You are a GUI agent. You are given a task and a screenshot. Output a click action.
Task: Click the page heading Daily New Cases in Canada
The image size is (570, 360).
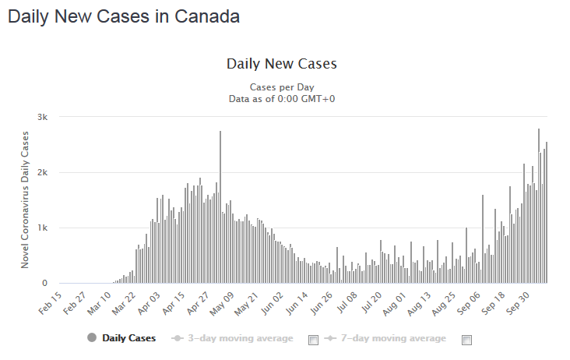124,16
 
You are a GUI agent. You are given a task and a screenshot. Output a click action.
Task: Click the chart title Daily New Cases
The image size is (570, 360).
281,63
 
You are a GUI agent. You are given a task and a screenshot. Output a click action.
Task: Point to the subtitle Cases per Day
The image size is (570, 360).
281,86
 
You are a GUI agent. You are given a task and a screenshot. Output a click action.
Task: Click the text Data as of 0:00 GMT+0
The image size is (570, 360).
281,98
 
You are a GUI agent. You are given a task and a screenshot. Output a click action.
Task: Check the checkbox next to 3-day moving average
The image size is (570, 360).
313,340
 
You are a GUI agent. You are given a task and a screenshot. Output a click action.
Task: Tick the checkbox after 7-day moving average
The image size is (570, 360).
467,340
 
